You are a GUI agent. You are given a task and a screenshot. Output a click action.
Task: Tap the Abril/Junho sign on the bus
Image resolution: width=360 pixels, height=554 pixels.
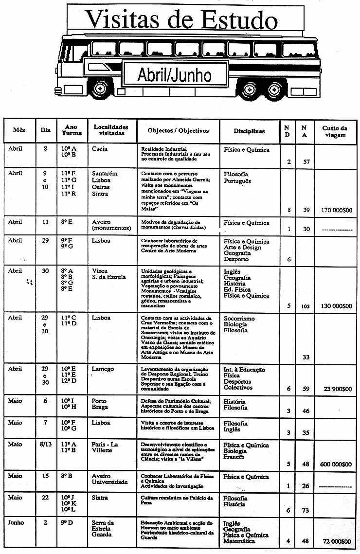coord(174,75)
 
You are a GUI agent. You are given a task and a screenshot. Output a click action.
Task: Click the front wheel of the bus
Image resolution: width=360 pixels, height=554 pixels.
coord(100,89)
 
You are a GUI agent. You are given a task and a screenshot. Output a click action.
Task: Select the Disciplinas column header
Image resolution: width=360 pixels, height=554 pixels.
coord(249,131)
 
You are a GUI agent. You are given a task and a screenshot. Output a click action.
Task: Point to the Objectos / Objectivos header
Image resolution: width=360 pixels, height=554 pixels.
coord(178,131)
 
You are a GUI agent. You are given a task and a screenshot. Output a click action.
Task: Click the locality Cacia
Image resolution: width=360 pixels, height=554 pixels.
coord(100,149)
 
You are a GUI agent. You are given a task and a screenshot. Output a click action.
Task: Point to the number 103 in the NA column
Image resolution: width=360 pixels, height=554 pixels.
coord(305,307)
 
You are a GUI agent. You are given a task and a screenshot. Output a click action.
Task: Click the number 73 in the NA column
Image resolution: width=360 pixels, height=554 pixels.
coord(305,510)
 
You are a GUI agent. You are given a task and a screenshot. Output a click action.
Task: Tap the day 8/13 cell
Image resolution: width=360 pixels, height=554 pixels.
coord(45,445)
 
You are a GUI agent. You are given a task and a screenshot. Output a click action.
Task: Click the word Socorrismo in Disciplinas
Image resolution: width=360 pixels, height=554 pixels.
coord(239,319)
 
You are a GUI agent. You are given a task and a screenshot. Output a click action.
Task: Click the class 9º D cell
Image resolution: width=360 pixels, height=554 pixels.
coord(67,523)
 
